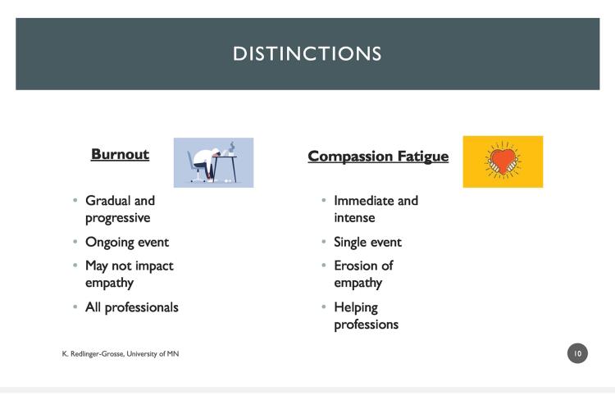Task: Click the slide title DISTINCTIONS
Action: click(x=307, y=54)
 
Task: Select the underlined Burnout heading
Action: click(x=120, y=154)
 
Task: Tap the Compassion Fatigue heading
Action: click(x=378, y=156)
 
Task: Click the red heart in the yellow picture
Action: click(x=503, y=160)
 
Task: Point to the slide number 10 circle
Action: click(x=577, y=353)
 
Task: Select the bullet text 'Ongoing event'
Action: click(x=127, y=242)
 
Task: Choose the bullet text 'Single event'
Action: click(x=368, y=242)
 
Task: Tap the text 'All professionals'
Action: click(x=132, y=307)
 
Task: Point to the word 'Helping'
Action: click(x=356, y=308)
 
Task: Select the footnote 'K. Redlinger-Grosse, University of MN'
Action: click(x=121, y=354)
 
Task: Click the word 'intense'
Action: click(x=354, y=218)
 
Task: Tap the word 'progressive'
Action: click(x=117, y=218)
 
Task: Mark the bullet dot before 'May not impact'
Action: click(x=75, y=266)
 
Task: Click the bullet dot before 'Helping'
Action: click(x=324, y=307)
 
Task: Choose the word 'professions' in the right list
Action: click(x=367, y=325)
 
